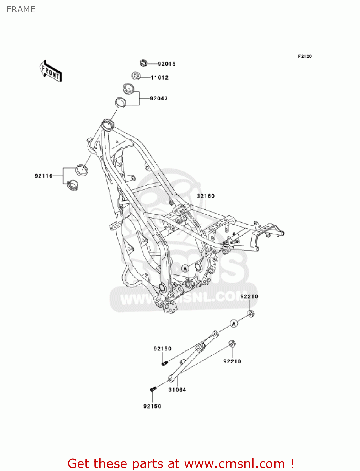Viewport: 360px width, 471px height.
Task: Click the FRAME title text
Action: (x=21, y=9)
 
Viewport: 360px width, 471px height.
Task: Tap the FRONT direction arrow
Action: (x=51, y=71)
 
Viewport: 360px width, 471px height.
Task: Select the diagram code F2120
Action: (x=305, y=56)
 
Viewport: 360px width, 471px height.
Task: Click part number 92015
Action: (x=166, y=64)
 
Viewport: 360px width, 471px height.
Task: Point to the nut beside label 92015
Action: (x=143, y=63)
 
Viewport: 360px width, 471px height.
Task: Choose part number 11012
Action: (x=159, y=78)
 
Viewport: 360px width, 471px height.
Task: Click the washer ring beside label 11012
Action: (x=136, y=76)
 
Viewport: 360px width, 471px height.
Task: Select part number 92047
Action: (x=159, y=99)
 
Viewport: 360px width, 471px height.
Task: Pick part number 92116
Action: (x=44, y=176)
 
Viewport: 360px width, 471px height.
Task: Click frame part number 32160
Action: (x=206, y=196)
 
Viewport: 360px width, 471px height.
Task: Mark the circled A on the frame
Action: (x=185, y=268)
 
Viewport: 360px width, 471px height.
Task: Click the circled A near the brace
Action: (x=234, y=323)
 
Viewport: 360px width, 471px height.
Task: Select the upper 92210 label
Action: (x=249, y=296)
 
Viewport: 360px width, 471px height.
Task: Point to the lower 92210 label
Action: (x=232, y=361)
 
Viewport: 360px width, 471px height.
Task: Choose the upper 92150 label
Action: (x=162, y=349)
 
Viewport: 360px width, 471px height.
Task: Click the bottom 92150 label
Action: (x=152, y=406)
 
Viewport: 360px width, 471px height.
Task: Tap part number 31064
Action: (x=177, y=390)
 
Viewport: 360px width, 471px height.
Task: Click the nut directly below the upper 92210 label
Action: (x=250, y=313)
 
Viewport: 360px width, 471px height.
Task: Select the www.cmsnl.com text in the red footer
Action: (x=234, y=463)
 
